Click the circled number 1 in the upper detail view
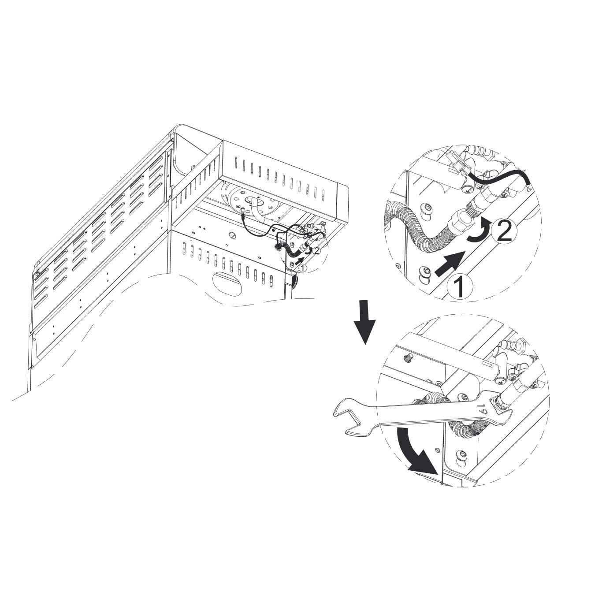pos(460,286)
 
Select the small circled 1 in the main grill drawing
pos(303,268)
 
